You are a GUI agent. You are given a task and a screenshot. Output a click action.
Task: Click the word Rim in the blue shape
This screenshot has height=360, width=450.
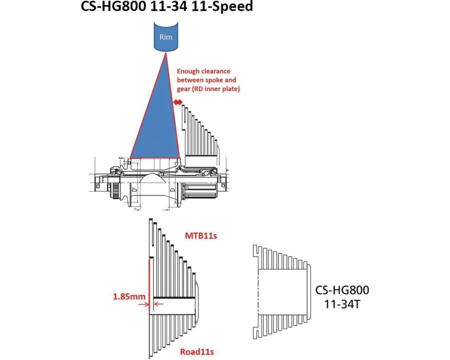click(166, 37)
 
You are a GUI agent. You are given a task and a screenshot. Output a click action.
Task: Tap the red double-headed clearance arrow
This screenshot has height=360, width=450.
click(178, 102)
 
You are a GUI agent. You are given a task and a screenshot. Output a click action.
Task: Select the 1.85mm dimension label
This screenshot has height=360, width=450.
click(129, 296)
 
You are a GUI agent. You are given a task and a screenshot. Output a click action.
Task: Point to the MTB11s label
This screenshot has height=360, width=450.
click(201, 236)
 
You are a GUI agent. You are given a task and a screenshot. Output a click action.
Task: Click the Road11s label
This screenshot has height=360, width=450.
click(197, 351)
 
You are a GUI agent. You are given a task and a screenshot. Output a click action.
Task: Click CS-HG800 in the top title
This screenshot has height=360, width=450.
click(113, 6)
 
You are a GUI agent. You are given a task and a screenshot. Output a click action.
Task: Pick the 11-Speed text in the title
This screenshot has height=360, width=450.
click(222, 6)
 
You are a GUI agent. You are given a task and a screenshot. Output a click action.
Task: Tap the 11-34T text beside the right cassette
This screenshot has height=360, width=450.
click(342, 304)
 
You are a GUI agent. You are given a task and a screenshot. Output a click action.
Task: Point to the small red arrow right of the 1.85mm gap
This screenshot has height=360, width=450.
click(159, 304)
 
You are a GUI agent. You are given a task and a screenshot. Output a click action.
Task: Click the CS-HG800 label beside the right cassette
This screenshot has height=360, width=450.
click(342, 290)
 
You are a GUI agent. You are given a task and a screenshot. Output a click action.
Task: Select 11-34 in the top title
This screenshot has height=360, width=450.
click(168, 6)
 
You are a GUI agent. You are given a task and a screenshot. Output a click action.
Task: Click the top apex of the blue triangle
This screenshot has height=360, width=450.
click(166, 53)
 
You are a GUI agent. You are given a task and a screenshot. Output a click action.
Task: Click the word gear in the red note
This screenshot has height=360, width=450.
click(184, 89)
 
